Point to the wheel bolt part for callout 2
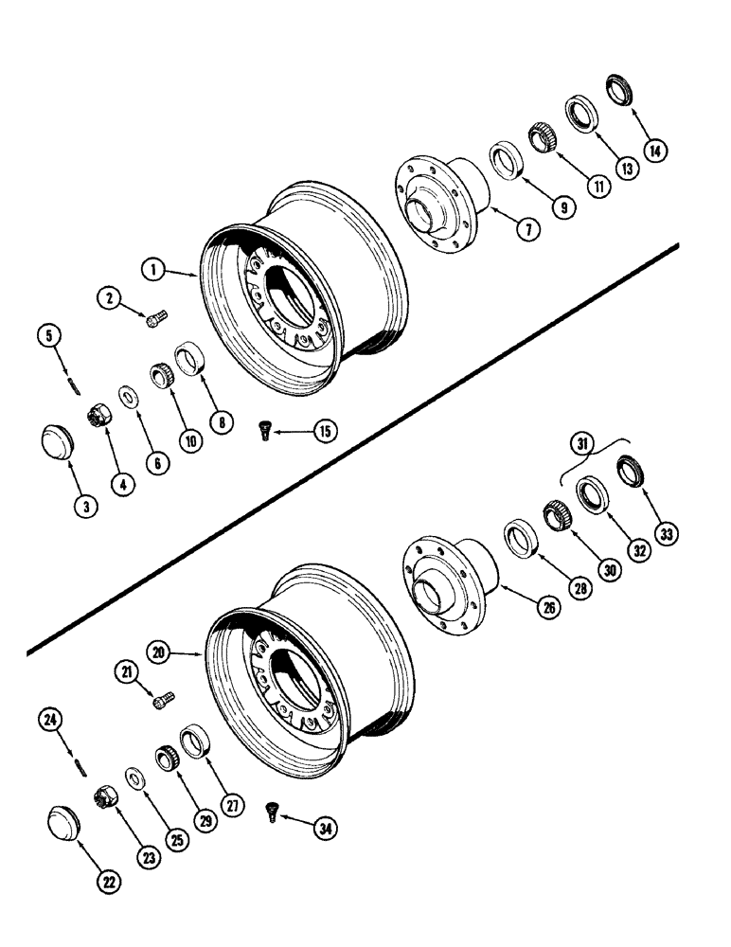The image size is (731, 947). click(155, 320)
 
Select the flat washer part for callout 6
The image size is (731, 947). click(127, 393)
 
